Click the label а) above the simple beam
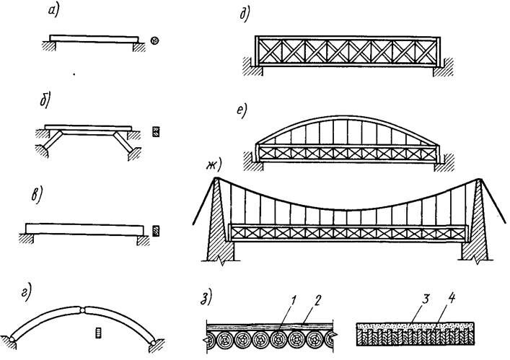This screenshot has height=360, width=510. pos(53,11)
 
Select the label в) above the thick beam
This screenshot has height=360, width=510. pos(38,196)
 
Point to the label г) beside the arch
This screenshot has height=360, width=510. pos(26,292)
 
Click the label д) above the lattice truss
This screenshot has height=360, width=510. pos(245,14)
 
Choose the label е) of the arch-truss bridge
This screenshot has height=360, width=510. pos(242,111)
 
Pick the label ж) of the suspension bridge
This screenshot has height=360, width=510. pos(214,166)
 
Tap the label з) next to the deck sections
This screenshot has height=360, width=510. pos(206,298)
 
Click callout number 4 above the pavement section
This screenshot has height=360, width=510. pos(451,299)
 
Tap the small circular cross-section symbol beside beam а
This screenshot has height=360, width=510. pos(155,41)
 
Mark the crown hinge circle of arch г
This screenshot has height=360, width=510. pos(83,310)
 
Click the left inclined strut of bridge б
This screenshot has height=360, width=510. pos(53,140)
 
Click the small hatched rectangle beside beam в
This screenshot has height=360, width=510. pos(156,231)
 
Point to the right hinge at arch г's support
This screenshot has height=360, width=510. pos(153,343)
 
